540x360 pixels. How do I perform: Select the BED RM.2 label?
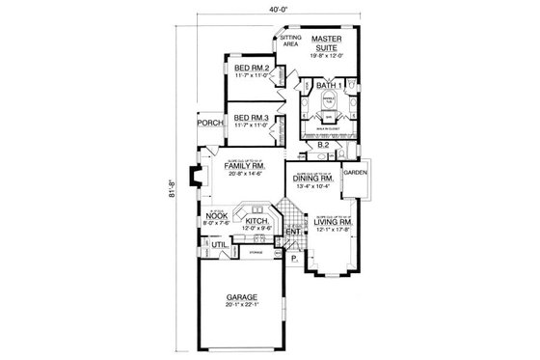(252, 69)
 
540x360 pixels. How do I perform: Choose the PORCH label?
(210, 123)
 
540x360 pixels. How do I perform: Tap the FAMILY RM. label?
(245, 165)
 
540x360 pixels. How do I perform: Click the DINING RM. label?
(315, 180)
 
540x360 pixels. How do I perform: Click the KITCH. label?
(256, 221)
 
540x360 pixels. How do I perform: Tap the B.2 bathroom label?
(325, 146)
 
